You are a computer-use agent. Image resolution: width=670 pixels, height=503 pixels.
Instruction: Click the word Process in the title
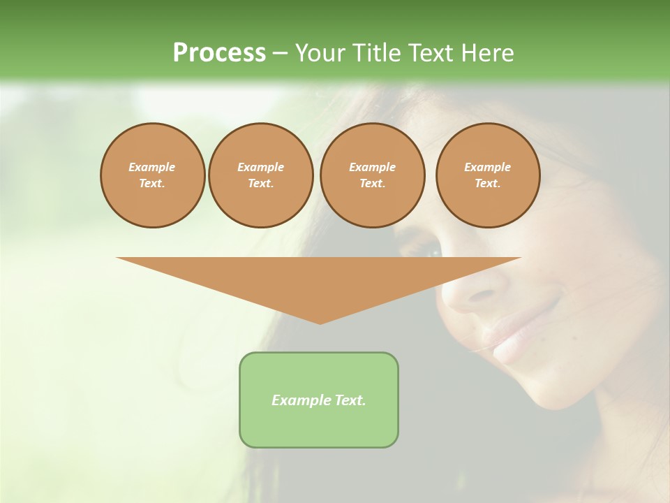219,53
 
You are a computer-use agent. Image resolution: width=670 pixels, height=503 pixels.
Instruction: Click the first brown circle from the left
153,175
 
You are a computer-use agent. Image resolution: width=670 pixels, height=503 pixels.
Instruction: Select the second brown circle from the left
261,175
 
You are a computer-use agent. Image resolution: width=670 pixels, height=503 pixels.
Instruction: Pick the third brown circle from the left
373,175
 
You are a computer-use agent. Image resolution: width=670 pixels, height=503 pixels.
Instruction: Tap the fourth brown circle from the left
488,175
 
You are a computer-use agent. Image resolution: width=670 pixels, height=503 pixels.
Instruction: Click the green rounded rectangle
319,400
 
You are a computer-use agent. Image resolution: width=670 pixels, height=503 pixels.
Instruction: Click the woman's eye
428,248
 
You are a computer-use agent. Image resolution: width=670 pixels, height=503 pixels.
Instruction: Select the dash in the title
281,53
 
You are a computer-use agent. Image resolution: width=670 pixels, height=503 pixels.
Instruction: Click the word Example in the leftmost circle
152,167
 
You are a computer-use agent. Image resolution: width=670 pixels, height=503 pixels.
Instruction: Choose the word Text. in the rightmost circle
488,184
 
